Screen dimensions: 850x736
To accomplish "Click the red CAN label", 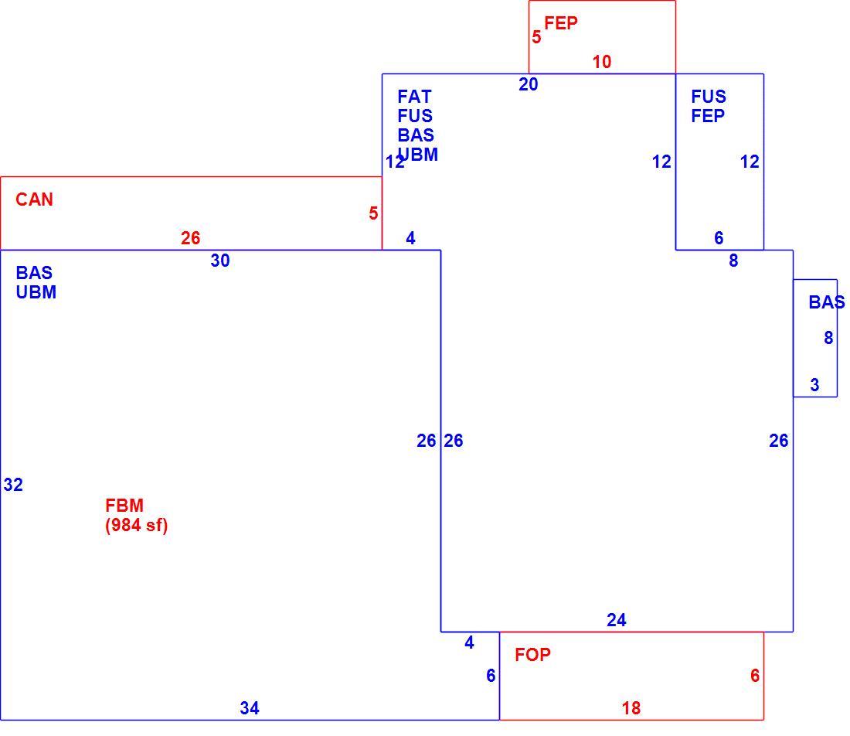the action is click(34, 199).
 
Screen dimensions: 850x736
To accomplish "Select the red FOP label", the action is click(532, 655).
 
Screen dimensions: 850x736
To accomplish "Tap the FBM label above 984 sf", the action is click(124, 506).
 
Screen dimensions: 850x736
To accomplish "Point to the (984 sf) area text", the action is click(137, 525).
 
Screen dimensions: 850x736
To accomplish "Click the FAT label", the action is click(414, 97).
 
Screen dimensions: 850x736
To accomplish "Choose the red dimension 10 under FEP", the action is click(602, 62).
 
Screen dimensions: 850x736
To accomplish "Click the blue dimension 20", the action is click(528, 84).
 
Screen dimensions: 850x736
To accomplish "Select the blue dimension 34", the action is click(250, 708).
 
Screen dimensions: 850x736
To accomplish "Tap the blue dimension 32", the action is click(13, 484).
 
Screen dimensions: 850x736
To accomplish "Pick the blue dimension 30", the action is click(220, 261).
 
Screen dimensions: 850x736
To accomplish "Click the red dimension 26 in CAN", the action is click(190, 238).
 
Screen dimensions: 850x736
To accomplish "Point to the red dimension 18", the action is click(631, 708).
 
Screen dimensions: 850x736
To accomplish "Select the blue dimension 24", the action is click(617, 620).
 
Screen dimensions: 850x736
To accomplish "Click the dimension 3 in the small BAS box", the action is click(814, 385).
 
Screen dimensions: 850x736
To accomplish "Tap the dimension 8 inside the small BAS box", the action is click(828, 338).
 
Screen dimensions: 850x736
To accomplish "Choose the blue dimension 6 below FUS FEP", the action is click(719, 237).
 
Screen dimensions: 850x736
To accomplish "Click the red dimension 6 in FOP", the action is click(755, 675).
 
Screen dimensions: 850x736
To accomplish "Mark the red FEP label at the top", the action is click(561, 23).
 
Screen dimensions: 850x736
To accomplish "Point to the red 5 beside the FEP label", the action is click(536, 37).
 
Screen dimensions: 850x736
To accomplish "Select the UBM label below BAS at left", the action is click(36, 292).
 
